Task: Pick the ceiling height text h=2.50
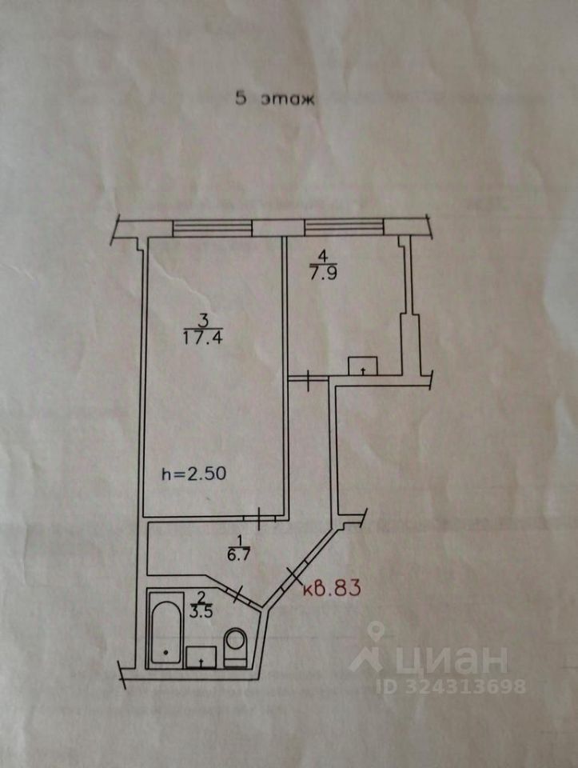tap(194, 473)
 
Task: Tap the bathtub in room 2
tap(165, 629)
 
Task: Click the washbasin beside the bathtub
tap(201, 657)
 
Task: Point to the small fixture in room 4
tap(363, 366)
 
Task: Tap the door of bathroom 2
tap(237, 594)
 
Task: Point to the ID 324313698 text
tap(452, 686)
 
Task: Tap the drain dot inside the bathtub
tap(165, 652)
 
